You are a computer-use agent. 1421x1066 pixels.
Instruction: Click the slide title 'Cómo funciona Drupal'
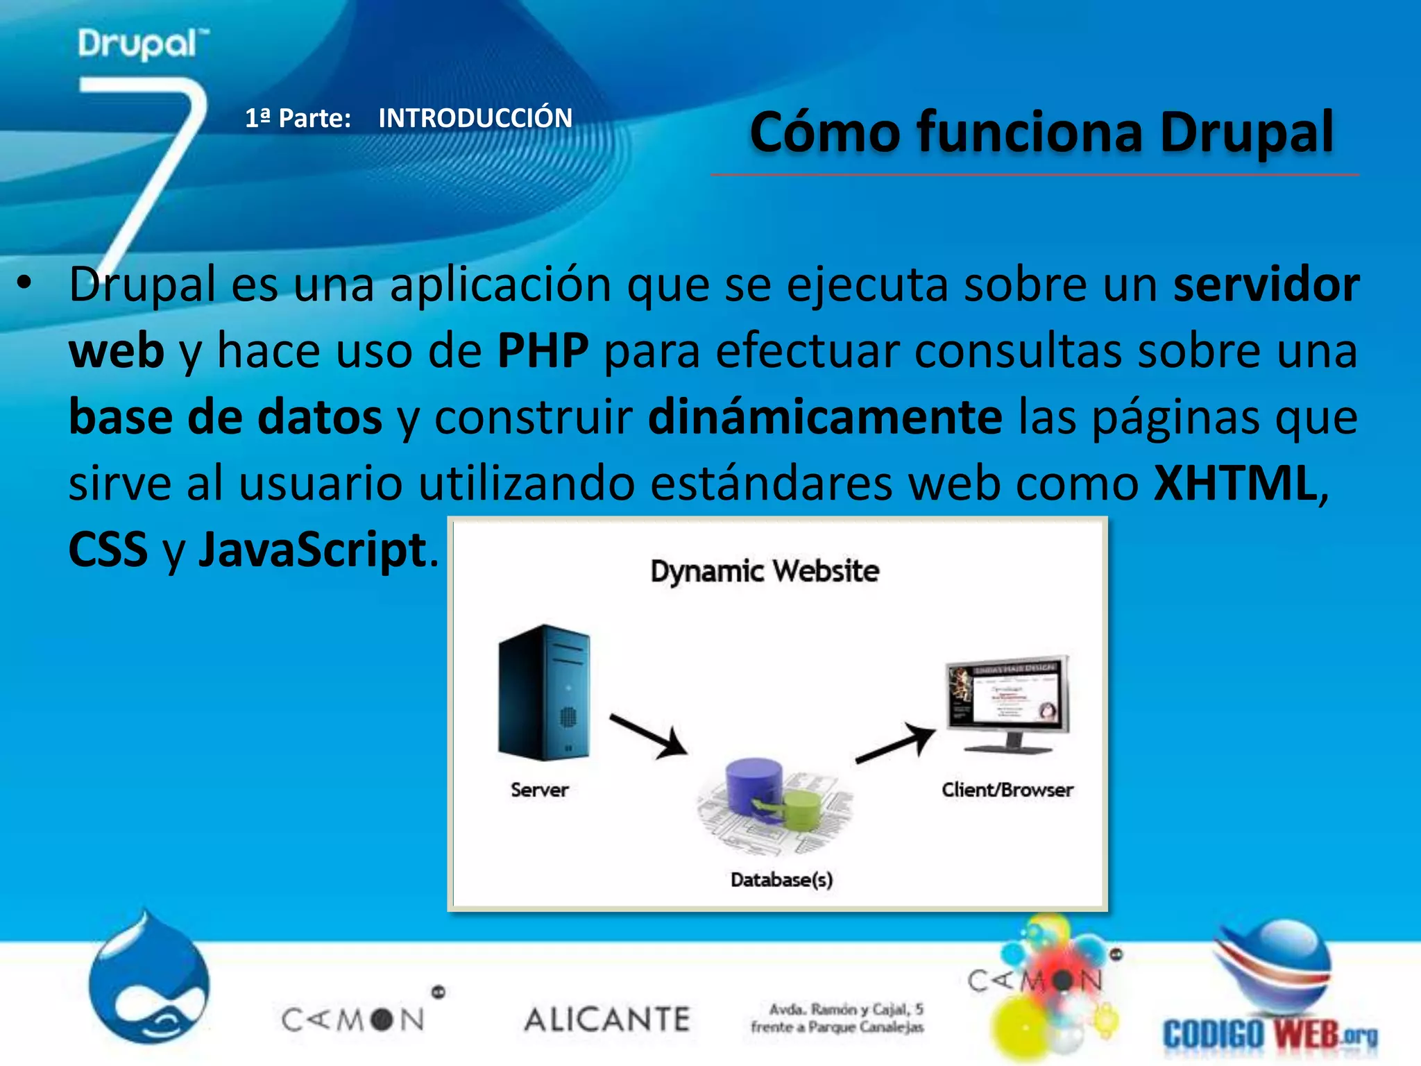point(1041,132)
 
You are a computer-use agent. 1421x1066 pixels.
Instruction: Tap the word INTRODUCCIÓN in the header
point(475,118)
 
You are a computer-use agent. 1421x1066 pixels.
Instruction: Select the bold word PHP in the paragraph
point(543,350)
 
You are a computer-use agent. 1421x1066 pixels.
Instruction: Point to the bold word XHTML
point(1235,483)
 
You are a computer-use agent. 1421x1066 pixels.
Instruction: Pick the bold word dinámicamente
point(825,416)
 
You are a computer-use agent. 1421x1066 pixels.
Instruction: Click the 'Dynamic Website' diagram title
point(765,571)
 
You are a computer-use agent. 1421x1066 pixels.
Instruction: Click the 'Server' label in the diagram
point(539,790)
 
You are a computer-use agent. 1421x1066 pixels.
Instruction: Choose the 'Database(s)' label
point(781,880)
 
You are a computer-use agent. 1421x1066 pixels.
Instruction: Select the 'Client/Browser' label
point(1007,790)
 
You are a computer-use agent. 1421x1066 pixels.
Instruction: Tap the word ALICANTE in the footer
point(607,1020)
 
